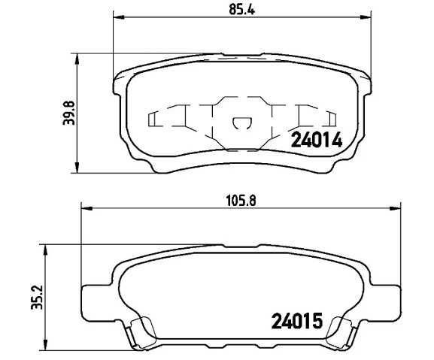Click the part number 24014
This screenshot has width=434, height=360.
(x=317, y=140)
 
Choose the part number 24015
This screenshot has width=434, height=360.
(x=296, y=323)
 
